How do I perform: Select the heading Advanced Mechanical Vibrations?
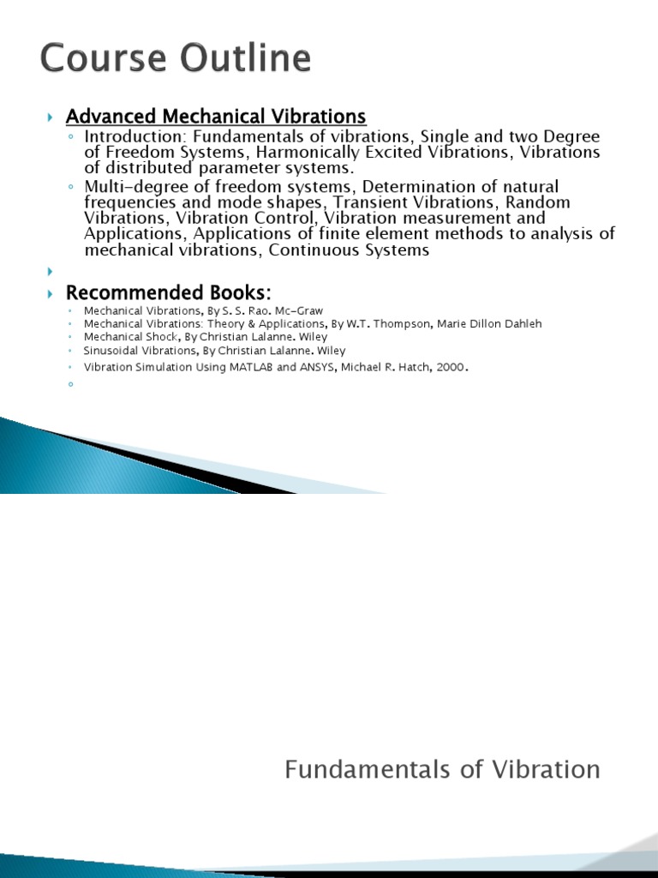click(216, 116)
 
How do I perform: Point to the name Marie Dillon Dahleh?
click(491, 324)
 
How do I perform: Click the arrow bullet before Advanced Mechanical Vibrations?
click(51, 117)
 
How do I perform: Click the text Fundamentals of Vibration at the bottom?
click(442, 770)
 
